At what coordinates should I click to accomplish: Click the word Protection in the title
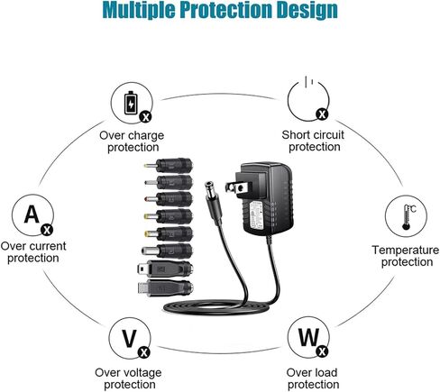click(x=228, y=11)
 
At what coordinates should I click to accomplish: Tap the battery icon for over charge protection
click(x=131, y=103)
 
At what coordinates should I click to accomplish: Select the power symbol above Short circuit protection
click(x=308, y=98)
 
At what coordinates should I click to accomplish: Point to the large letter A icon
click(x=32, y=214)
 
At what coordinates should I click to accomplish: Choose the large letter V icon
click(x=129, y=339)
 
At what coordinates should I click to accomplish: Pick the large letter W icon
click(x=308, y=337)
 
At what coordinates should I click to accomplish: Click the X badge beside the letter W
click(x=323, y=351)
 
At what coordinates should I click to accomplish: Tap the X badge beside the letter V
click(x=144, y=352)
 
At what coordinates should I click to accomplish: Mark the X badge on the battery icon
click(x=146, y=117)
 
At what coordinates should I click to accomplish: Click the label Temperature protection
click(x=406, y=256)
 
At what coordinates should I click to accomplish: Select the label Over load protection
click(x=313, y=378)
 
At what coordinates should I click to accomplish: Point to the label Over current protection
click(x=33, y=252)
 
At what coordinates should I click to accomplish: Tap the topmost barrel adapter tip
click(x=169, y=165)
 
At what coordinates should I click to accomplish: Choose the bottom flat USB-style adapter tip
click(x=165, y=288)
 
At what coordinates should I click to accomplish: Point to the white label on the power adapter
click(x=257, y=215)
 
